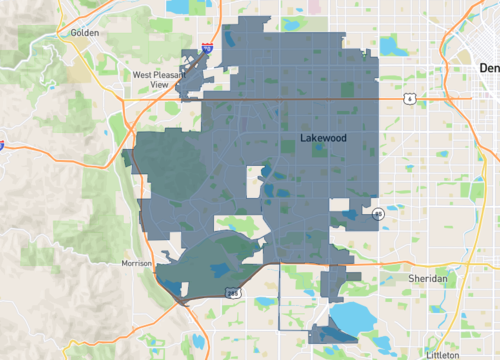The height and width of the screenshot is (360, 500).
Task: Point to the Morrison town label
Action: click(x=136, y=263)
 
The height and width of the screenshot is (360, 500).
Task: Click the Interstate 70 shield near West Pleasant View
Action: click(x=207, y=47)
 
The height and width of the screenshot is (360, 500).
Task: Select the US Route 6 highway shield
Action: click(x=409, y=99)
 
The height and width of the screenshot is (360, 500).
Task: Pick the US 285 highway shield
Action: click(x=232, y=293)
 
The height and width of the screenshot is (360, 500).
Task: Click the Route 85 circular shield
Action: click(x=378, y=213)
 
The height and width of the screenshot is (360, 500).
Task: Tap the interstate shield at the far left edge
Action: click(x=2, y=146)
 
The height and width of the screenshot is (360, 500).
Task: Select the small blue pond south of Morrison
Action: click(x=174, y=289)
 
